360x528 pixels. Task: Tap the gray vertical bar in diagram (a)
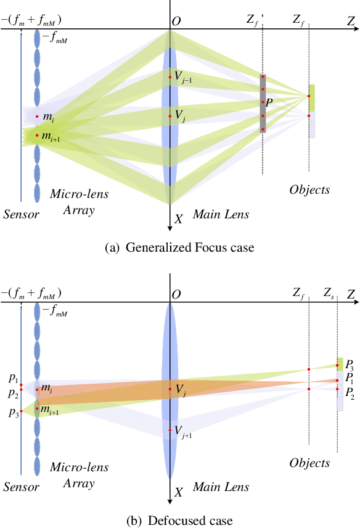263,104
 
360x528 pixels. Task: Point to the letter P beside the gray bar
269,102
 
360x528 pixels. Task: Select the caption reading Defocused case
179,521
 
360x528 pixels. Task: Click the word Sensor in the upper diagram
21,215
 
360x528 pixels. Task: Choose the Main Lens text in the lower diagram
221,487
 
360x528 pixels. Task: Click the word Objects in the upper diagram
309,189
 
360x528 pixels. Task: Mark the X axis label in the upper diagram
179,219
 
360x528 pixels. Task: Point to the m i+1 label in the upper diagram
51,137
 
